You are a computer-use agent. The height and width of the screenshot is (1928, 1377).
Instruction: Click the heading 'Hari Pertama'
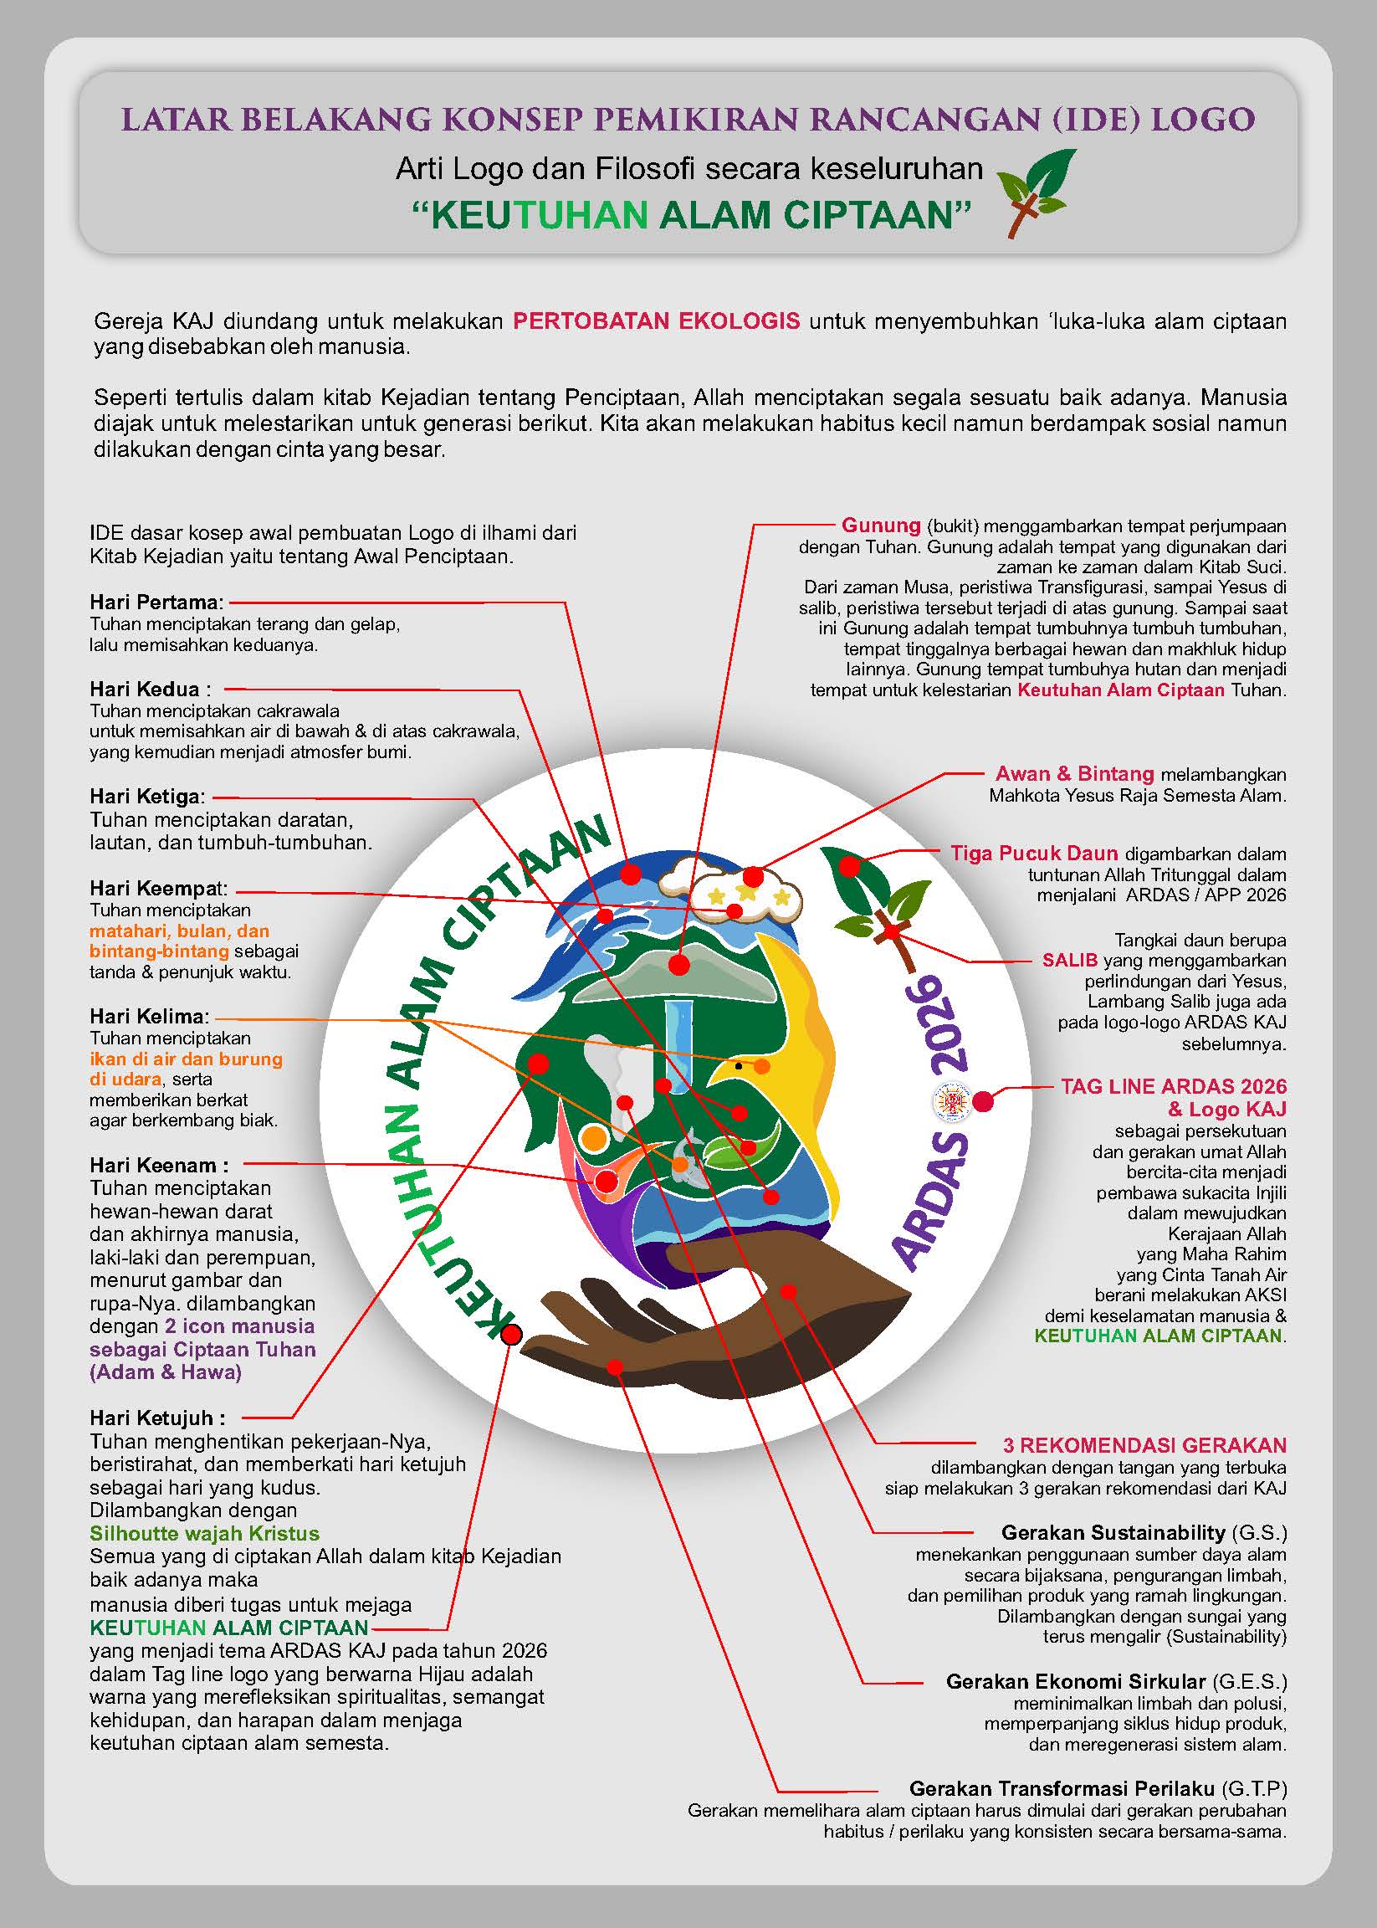(156, 602)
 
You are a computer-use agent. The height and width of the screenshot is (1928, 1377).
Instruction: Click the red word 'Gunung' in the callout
(881, 525)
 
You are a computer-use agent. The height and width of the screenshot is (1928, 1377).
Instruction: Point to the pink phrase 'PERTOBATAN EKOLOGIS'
(656, 321)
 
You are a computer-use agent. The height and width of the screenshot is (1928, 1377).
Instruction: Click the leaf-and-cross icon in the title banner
(1034, 192)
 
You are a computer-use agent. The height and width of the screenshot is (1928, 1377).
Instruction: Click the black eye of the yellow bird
(739, 1065)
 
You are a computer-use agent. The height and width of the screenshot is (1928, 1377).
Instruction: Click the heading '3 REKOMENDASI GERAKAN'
(1144, 1445)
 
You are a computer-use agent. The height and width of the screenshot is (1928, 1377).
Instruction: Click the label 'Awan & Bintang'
(1074, 773)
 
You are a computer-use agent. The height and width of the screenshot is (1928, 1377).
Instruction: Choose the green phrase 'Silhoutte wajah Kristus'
(204, 1534)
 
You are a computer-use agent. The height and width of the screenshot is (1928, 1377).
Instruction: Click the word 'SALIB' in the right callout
(1070, 961)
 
